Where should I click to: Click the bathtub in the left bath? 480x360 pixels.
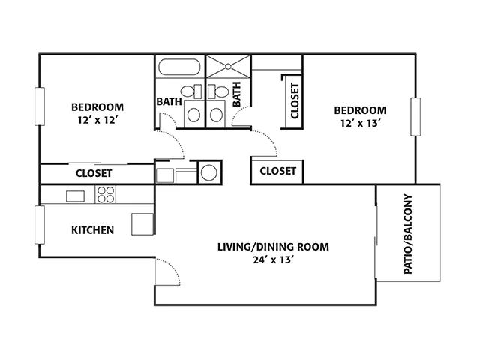pyautogui.click(x=179, y=67)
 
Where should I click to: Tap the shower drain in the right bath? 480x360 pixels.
pyautogui.click(x=228, y=66)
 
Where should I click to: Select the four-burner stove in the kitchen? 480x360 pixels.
pyautogui.click(x=106, y=195)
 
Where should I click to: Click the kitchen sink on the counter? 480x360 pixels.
pyautogui.click(x=75, y=196)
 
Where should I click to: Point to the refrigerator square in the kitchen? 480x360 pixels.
pyautogui.click(x=142, y=224)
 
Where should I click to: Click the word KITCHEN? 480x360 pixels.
pyautogui.click(x=93, y=230)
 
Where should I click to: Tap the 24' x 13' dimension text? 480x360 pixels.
pyautogui.click(x=274, y=260)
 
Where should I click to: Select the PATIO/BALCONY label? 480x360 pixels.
pyautogui.click(x=408, y=234)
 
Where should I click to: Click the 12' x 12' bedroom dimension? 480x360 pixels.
pyautogui.click(x=98, y=120)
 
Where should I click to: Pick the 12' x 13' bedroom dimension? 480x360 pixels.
pyautogui.click(x=361, y=123)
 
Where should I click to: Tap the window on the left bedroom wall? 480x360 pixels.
pyautogui.click(x=40, y=106)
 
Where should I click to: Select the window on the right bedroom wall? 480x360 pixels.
pyautogui.click(x=415, y=117)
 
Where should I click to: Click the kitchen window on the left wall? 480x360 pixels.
pyautogui.click(x=40, y=225)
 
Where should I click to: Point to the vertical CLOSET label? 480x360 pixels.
pyautogui.click(x=295, y=100)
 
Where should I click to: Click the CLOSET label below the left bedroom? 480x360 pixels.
pyautogui.click(x=94, y=173)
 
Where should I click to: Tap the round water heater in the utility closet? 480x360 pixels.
pyautogui.click(x=209, y=172)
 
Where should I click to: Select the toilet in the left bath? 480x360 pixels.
pyautogui.click(x=190, y=91)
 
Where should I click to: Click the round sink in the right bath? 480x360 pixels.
pyautogui.click(x=216, y=115)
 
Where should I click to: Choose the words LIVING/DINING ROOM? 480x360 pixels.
pyautogui.click(x=273, y=247)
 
